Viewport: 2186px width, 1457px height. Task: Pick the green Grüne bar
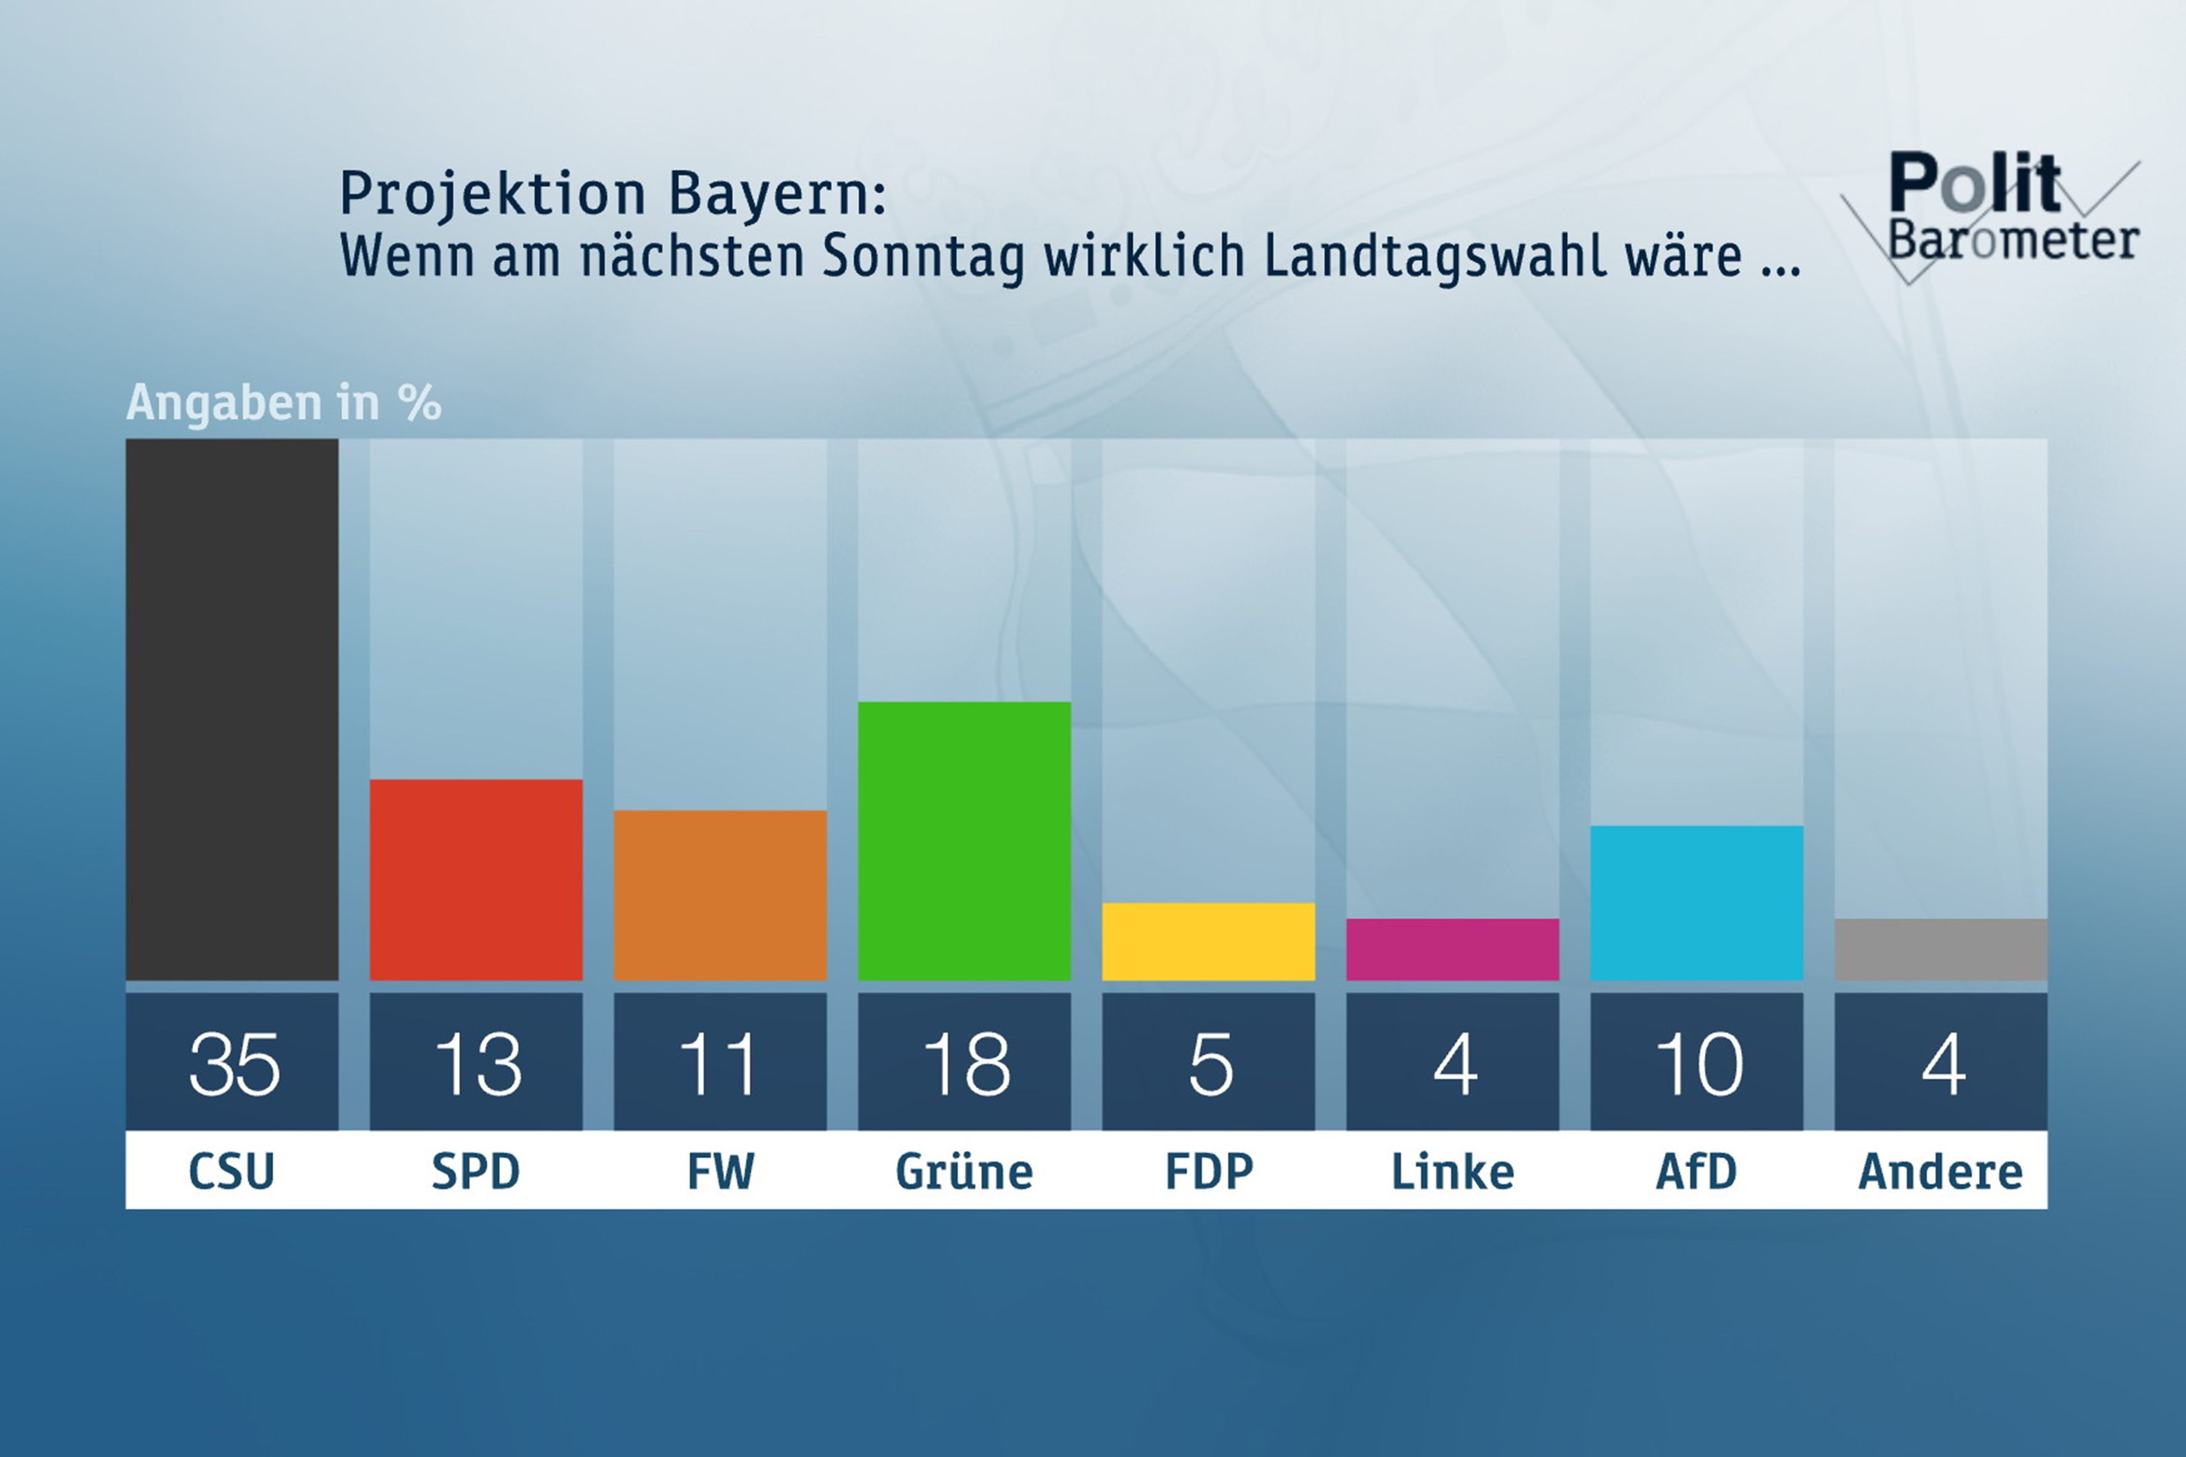(x=964, y=840)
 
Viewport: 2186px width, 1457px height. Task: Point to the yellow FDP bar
(x=1208, y=941)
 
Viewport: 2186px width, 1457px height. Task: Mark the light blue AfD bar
(x=1696, y=902)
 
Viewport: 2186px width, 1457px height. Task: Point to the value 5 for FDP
(x=1210, y=1064)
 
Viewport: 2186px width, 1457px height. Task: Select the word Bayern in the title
(x=776, y=193)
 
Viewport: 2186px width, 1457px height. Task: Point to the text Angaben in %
(x=283, y=402)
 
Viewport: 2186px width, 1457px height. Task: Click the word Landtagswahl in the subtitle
(x=1435, y=255)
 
